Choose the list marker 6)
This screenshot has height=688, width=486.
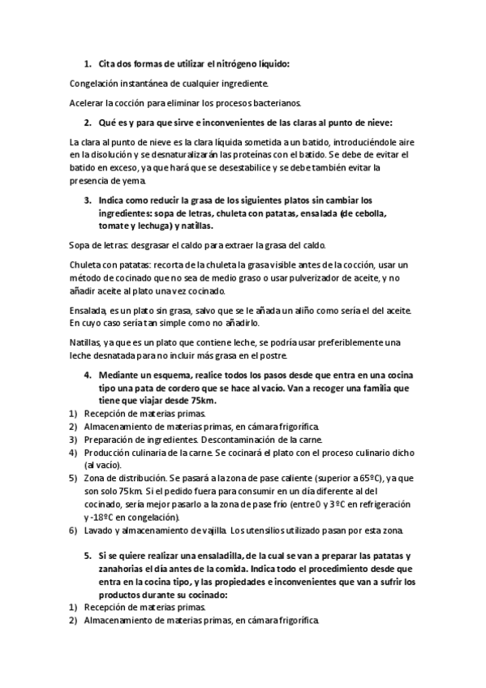[72, 531]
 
